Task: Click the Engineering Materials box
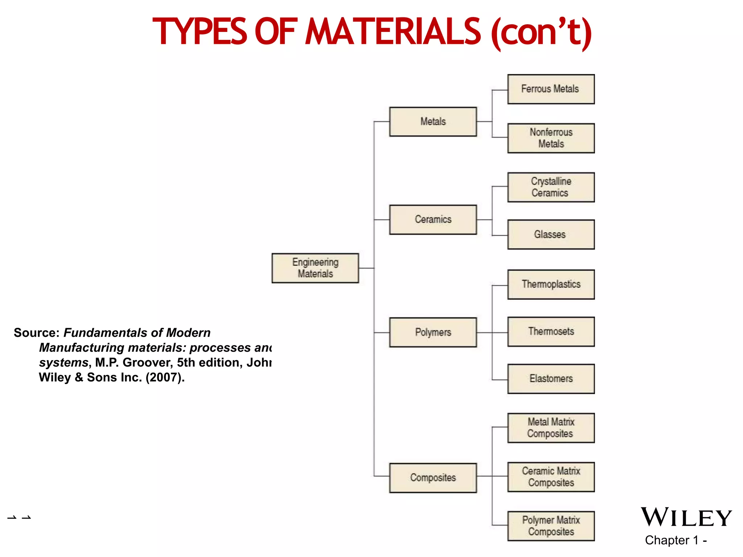(315, 268)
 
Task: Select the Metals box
(433, 121)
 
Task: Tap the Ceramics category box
(433, 219)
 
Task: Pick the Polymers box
(433, 332)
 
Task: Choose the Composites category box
(433, 478)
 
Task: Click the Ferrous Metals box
(551, 89)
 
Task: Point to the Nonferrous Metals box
(551, 138)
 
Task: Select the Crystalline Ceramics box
(551, 187)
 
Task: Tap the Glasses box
(551, 234)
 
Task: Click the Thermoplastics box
(551, 284)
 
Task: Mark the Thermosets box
(551, 331)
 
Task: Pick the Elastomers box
(551, 379)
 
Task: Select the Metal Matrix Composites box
(551, 428)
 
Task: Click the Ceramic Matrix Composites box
(551, 477)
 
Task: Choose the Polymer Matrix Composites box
(551, 526)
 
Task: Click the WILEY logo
(686, 517)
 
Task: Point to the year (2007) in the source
(165, 377)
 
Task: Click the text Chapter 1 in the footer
(672, 540)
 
